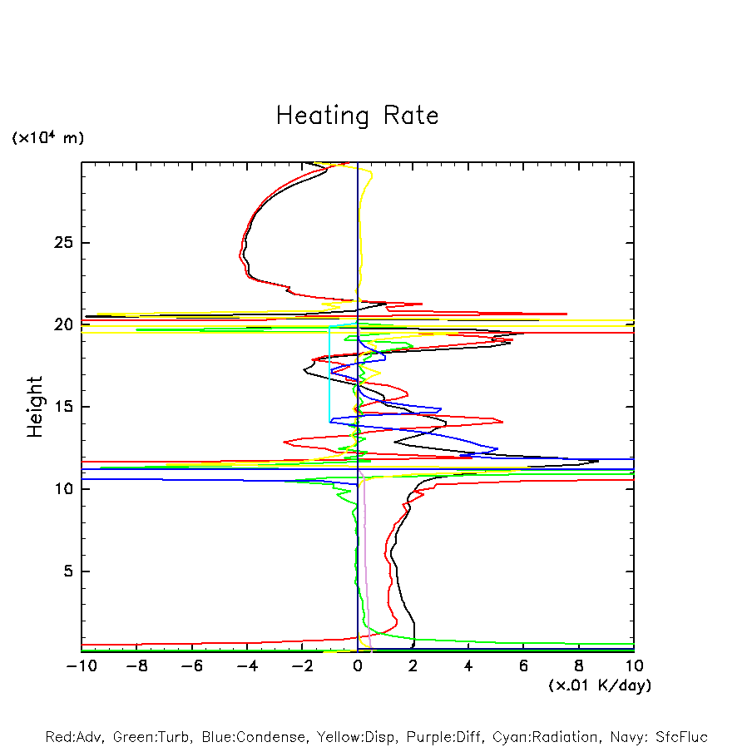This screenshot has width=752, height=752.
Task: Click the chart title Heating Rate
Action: [357, 116]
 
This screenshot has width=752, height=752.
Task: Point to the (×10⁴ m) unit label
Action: [47, 138]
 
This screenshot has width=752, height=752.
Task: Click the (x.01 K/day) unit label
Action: [599, 685]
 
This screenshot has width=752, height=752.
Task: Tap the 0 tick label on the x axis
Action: [358, 665]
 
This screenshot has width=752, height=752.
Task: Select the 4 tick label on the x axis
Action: [468, 665]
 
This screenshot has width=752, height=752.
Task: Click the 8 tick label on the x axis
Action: [579, 665]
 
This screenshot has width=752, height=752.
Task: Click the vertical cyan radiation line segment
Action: [329, 374]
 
